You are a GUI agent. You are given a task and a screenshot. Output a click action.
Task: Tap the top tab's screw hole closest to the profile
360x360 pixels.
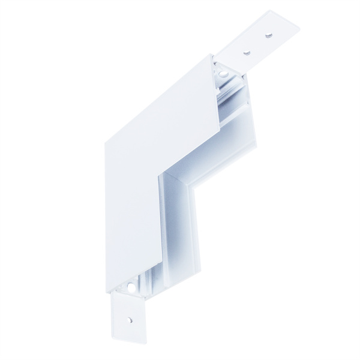coord(245,52)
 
